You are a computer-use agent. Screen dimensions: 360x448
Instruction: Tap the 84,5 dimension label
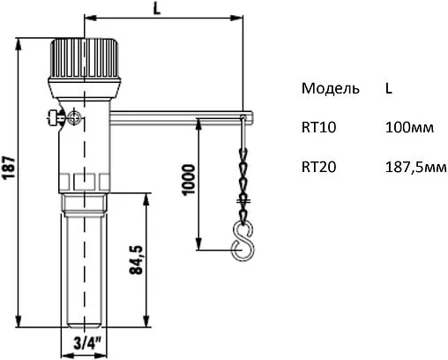135,260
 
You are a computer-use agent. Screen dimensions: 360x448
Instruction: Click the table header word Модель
330,89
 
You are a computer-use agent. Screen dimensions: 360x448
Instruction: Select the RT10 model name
317,127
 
